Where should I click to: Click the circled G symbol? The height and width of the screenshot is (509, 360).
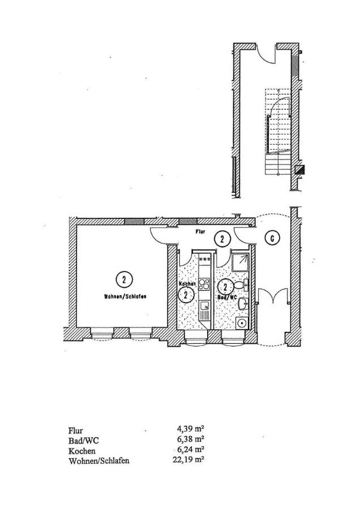click(x=272, y=239)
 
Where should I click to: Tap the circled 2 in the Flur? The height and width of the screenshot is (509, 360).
click(x=222, y=240)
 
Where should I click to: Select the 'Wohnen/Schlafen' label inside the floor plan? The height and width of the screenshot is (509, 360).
click(x=125, y=296)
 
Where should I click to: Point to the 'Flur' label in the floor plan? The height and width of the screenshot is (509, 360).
click(x=200, y=232)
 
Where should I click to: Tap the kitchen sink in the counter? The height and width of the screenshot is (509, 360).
click(x=204, y=308)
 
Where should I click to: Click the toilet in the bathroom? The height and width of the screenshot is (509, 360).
click(x=244, y=286)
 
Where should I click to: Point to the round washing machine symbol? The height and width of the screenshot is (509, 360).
click(x=243, y=324)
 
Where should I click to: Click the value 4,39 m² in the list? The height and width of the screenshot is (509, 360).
click(x=191, y=430)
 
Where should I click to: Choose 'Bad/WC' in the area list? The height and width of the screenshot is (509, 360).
click(x=80, y=441)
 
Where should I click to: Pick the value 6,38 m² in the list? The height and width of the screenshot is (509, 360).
click(x=191, y=440)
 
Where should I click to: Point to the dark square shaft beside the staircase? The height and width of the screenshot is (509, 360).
click(x=301, y=169)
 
